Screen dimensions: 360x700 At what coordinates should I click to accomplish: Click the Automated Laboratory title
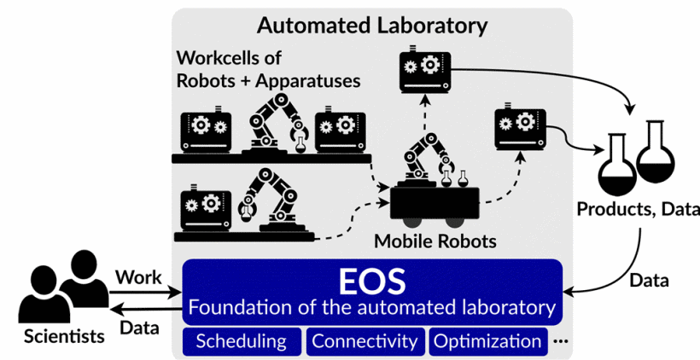372,25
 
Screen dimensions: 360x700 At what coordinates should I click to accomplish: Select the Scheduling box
241,341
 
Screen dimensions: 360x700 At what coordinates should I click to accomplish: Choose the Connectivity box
365,341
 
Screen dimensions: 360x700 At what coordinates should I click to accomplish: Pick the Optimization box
487,341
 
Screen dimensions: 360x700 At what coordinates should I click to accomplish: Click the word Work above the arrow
139,277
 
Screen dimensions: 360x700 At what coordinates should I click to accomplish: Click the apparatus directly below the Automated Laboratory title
424,71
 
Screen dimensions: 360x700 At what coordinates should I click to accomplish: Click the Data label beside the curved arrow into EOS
649,279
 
